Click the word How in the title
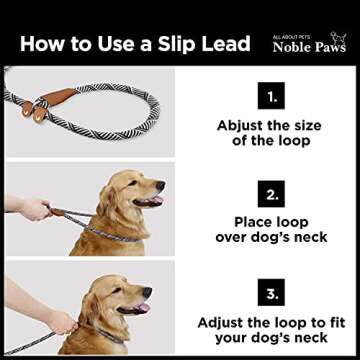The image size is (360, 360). (x=41, y=44)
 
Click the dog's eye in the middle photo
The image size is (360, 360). (x=139, y=181)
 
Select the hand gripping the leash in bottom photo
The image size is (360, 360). (x=60, y=322)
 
